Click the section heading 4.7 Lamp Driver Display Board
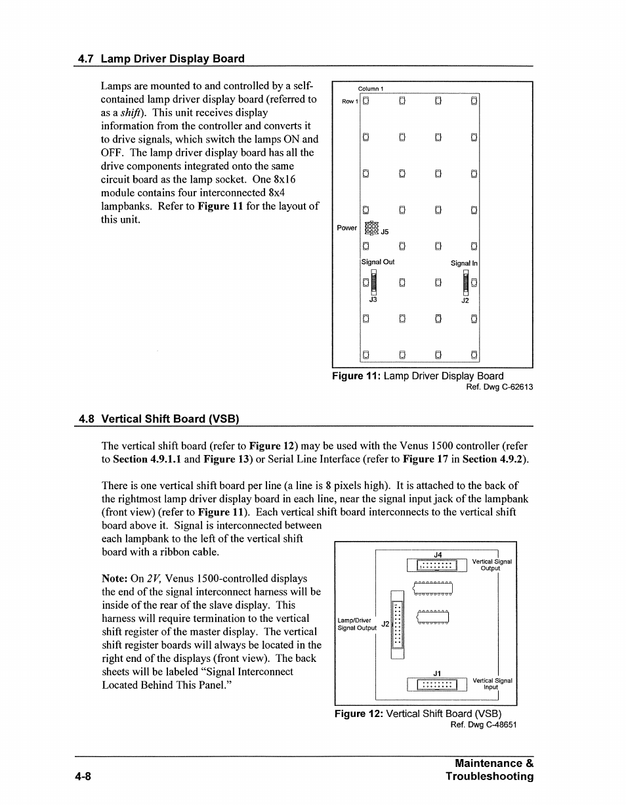pos(161,58)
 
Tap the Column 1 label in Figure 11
pos(370,89)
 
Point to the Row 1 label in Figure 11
pos(349,101)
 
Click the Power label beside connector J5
pos(346,228)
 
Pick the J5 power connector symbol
pos(371,228)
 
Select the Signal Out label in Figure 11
pos(379,262)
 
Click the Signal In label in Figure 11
pos(464,263)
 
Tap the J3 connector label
pos(372,299)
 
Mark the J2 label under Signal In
pos(465,300)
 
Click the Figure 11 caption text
pos(417,376)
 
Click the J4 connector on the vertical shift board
pos(437,565)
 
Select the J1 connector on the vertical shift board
pos(437,685)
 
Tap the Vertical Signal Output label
pos(491,565)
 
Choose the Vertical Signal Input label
pos(491,684)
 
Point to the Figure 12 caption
pos(418,714)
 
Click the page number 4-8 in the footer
pos(83,776)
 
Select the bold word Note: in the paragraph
pos(115,578)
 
